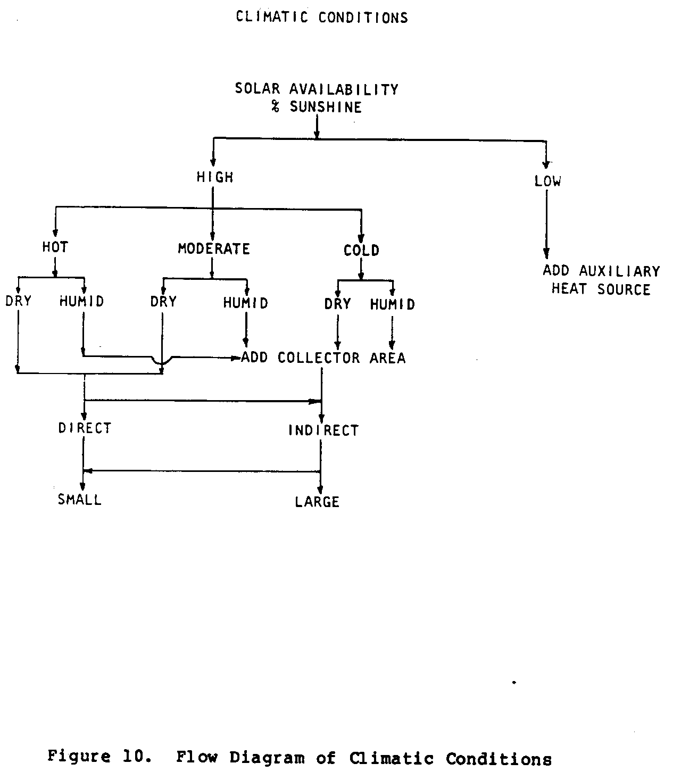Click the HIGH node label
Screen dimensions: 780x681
tap(215, 177)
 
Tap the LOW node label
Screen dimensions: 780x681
tap(547, 181)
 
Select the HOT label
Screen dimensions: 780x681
tap(55, 247)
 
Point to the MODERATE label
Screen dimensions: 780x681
tap(214, 248)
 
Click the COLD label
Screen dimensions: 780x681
tap(361, 250)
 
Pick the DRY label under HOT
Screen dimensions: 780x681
tap(19, 301)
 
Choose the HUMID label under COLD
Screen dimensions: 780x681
tap(392, 304)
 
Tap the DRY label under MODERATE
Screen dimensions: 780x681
tap(163, 302)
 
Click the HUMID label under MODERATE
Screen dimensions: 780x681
tap(245, 303)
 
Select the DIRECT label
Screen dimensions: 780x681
tap(85, 428)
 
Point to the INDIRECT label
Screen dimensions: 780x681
tap(323, 430)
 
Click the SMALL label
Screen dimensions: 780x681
tap(80, 500)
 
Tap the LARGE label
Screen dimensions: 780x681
tap(318, 502)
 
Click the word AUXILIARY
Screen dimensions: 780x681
tap(619, 271)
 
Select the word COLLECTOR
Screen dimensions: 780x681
tap(319, 358)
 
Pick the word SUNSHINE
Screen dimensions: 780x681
tap(326, 107)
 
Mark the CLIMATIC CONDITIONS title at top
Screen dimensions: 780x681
tap(322, 18)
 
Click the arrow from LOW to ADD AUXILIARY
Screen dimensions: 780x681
tap(546, 223)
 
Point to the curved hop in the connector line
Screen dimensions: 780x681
tap(161, 361)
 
